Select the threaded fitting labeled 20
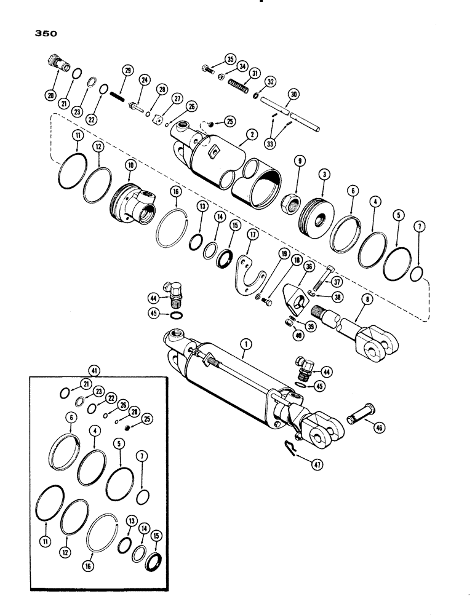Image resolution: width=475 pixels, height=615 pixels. [55, 63]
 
